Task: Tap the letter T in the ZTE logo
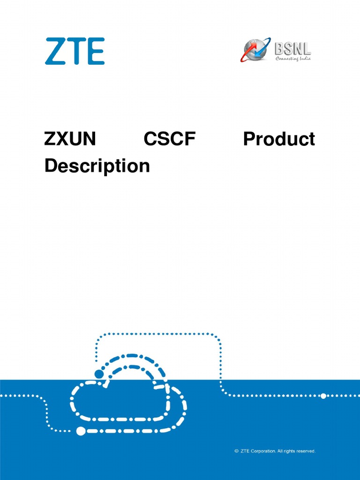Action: [x=75, y=52]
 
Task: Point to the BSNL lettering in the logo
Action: [x=292, y=47]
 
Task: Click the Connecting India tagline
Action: [x=293, y=58]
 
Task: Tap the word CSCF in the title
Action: [x=169, y=139]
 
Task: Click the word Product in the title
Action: [x=279, y=139]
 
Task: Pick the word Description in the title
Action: [x=97, y=165]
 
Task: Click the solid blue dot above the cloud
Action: [x=99, y=374]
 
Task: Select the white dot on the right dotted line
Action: [x=323, y=396]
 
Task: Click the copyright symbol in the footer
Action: [x=236, y=451]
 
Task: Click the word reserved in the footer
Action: [x=305, y=451]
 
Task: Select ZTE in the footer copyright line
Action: [x=245, y=451]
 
